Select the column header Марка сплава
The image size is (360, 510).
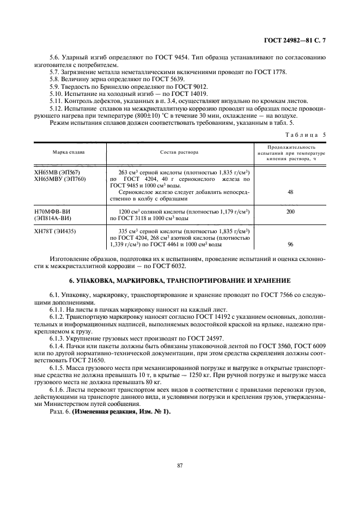(x=69, y=151)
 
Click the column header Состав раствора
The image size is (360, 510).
(x=179, y=151)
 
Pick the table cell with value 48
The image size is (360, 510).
(x=290, y=192)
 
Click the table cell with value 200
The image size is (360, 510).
(x=290, y=210)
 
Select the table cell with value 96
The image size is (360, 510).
(x=290, y=245)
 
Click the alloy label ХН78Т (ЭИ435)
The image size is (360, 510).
(x=56, y=231)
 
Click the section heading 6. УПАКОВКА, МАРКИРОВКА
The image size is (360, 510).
(x=180, y=280)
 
